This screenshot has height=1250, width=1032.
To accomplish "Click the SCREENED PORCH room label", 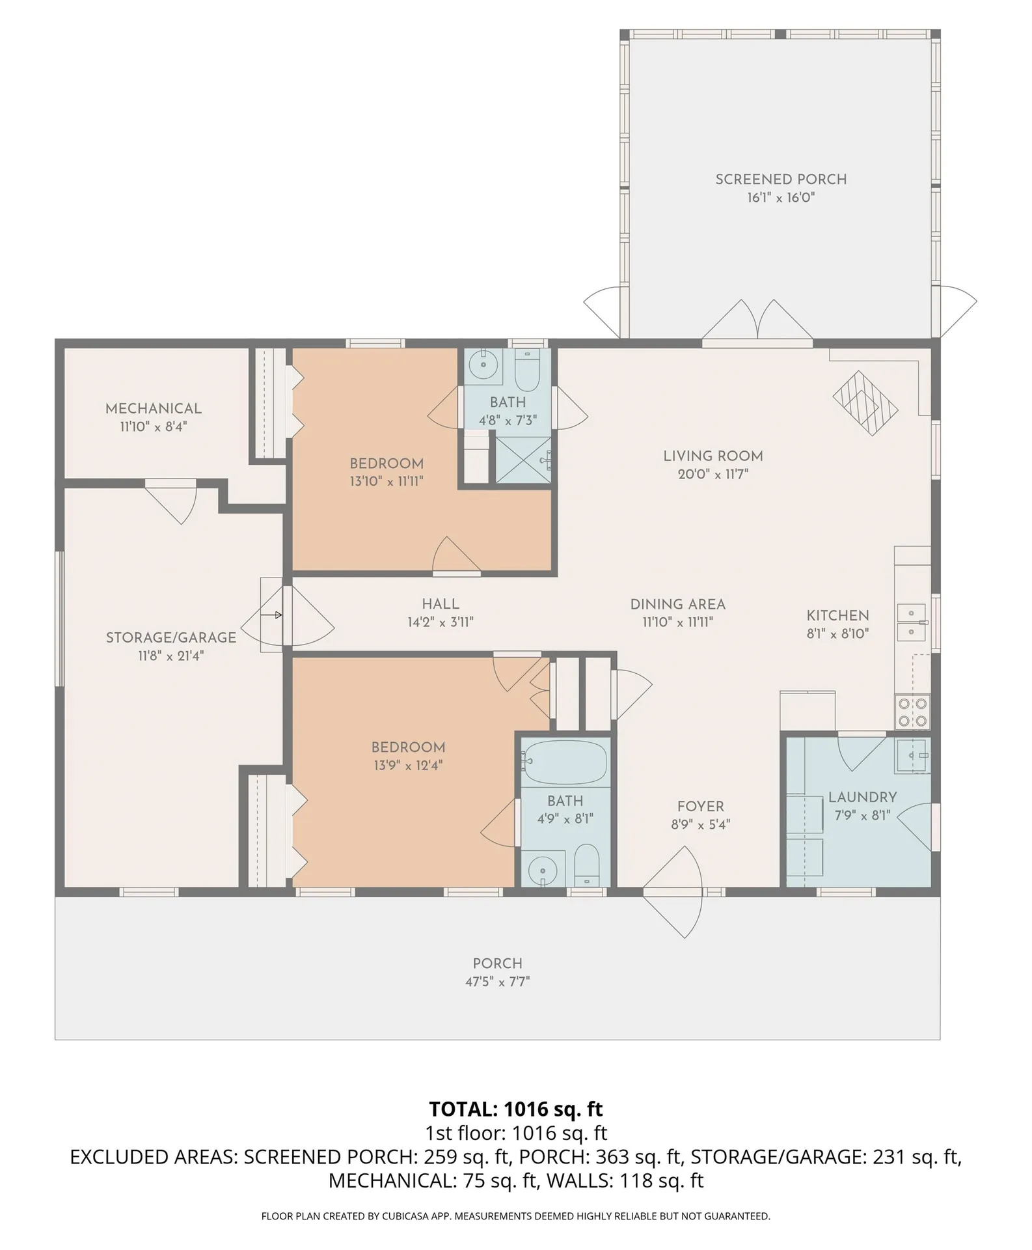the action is coord(781,179).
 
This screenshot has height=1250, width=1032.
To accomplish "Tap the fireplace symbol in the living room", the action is coord(865,402).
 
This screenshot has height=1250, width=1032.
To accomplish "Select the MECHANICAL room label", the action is coord(154,408).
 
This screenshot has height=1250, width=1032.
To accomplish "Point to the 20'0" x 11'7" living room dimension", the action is coord(713,474).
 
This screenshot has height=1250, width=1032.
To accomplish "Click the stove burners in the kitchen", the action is coord(913,712).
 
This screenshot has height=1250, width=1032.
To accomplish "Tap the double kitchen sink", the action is coord(913,622).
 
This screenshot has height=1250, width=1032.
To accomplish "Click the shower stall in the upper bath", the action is coord(523,460).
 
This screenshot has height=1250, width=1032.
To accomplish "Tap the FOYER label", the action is coord(700,806).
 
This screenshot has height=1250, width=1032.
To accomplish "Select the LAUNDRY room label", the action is coord(862,797).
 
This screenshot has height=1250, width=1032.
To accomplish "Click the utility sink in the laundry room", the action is coord(912,756).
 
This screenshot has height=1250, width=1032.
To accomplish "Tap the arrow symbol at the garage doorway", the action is coord(271,615).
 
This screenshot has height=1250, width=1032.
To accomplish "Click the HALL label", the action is coord(441,604).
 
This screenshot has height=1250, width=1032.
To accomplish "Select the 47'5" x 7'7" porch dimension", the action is coord(497,981).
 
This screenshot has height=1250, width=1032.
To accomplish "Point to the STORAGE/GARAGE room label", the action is coord(171,637).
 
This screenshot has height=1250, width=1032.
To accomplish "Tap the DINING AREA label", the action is coord(677,604).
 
